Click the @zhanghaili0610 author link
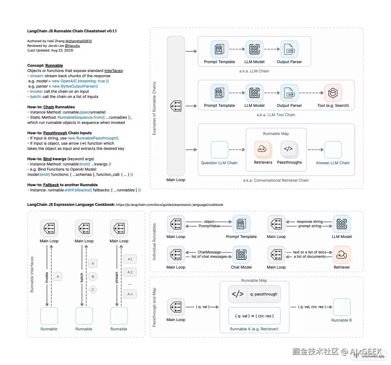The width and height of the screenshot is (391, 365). tap(78, 41)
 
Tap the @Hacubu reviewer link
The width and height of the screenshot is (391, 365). tap(72, 46)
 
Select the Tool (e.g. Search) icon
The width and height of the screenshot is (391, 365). tap(333, 93)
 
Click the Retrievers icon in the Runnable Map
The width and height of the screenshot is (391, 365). tap(262, 149)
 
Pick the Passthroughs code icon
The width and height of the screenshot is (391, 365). tap(289, 149)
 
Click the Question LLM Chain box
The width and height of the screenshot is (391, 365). tap(219, 150)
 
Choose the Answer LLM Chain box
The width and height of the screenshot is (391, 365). tap(333, 150)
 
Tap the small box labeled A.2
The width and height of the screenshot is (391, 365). tap(130, 272)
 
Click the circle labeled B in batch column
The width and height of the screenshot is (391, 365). tap(93, 277)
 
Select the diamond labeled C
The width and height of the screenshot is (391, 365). tap(93, 290)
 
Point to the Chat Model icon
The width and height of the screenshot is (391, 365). tap(241, 254)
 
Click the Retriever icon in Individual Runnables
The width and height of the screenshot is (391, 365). tap(342, 254)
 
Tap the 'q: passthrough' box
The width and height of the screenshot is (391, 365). tap(254, 294)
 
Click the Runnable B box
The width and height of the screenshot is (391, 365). tap(342, 307)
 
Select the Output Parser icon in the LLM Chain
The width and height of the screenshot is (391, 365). tap(289, 49)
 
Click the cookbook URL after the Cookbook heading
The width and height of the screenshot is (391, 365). tap(169, 205)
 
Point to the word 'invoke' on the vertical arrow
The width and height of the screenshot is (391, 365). tap(47, 277)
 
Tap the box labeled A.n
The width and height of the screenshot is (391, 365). tap(130, 294)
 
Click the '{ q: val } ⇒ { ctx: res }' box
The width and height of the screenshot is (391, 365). tap(254, 316)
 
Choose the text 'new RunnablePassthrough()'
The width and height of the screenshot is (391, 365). tap(93, 138)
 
